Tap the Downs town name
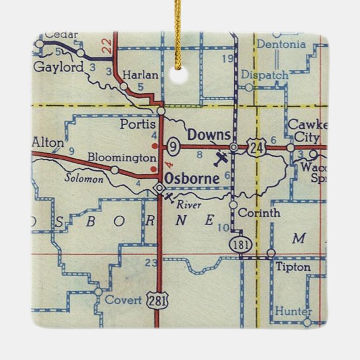pos(209,135)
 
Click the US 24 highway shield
pos(257,148)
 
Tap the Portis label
pos(134,124)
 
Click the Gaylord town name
pos(59,67)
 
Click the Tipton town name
pos(293,267)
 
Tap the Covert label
pos(124,300)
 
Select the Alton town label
pos(48,143)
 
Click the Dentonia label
pos(282,44)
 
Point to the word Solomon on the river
pos(83,179)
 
